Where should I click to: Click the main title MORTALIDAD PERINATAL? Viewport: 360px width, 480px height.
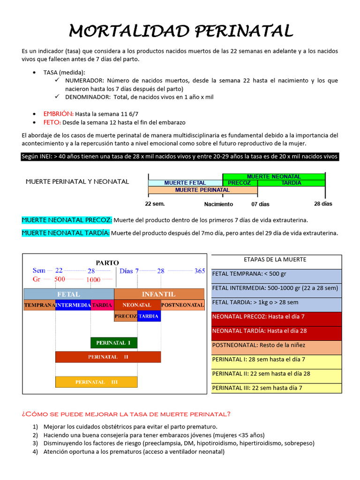(x=181, y=31)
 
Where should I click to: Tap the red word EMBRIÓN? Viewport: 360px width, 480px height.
(x=58, y=114)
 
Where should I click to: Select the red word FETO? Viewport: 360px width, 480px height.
(x=52, y=122)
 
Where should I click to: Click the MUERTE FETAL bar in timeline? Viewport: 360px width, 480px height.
(x=185, y=183)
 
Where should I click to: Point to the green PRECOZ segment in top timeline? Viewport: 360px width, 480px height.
(x=240, y=183)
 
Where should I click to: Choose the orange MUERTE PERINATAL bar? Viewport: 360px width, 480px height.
(x=202, y=190)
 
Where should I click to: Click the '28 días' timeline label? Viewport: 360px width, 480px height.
(x=323, y=204)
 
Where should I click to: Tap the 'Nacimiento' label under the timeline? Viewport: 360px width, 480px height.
(x=218, y=204)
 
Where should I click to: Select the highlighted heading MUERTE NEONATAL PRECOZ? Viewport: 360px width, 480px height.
(x=67, y=220)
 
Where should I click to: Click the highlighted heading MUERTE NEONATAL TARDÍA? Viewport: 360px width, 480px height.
(x=66, y=233)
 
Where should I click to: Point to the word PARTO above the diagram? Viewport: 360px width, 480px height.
(x=107, y=262)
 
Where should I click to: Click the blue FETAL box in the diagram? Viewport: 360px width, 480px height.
(x=68, y=294)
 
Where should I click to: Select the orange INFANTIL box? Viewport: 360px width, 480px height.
(x=159, y=294)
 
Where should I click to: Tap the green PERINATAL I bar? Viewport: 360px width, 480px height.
(x=113, y=343)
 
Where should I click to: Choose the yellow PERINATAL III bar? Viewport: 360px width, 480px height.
(x=96, y=382)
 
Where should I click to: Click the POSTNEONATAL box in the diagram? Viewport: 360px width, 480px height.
(x=182, y=305)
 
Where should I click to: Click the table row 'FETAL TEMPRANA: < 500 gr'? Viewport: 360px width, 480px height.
(x=277, y=274)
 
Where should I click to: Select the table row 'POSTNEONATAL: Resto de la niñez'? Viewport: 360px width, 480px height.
(x=277, y=345)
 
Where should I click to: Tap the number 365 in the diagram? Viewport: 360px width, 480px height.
(x=200, y=271)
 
